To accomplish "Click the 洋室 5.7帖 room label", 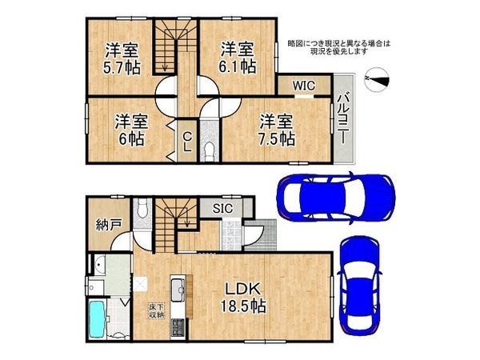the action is click(122, 59).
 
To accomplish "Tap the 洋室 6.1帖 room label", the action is click(238, 58).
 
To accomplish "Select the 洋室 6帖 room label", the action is click(131, 130).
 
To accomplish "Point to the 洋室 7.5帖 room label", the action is click(277, 130).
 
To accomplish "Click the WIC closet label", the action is click(304, 86).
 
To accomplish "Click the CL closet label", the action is click(187, 142).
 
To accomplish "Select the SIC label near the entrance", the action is click(223, 209).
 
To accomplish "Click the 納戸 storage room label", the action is click(108, 225).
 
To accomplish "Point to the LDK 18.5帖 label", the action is click(242, 298).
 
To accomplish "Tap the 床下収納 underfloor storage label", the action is click(157, 310).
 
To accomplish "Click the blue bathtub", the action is click(98, 318).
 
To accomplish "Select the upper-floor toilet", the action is click(210, 150).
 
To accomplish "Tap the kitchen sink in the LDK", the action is click(178, 290).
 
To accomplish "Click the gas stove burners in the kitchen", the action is click(178, 327).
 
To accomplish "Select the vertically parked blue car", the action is click(359, 286).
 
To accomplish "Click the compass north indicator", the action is click(377, 79).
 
